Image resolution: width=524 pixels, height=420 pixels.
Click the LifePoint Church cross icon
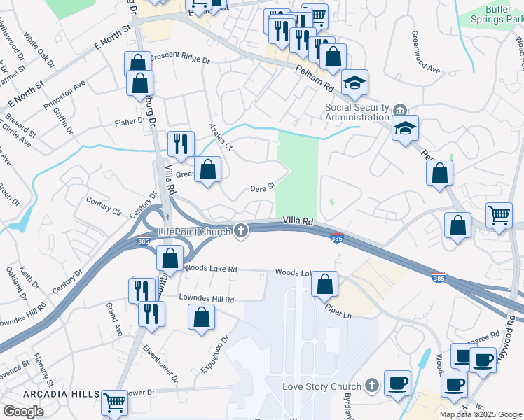tap(241, 230)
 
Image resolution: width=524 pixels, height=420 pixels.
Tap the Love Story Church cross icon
tap(371, 386)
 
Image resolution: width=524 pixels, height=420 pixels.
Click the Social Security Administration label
tap(357, 112)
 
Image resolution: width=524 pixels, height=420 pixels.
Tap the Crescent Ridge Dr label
tap(179, 60)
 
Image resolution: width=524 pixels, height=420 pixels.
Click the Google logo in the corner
tap(23, 412)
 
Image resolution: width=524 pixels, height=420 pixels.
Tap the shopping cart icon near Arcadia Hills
tap(115, 402)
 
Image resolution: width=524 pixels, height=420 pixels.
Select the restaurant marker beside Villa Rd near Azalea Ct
tap(181, 143)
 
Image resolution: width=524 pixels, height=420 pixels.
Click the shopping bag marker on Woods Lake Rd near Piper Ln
tap(324, 283)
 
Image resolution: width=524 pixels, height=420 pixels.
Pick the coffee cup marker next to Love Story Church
tap(397, 382)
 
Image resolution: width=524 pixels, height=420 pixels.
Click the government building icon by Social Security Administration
tap(400, 109)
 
